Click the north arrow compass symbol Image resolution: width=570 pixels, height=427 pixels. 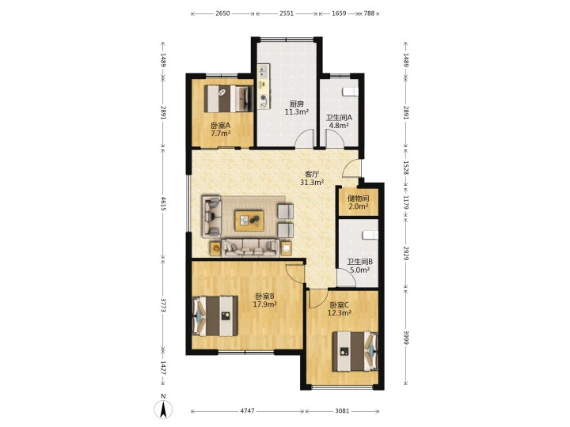click(x=163, y=410)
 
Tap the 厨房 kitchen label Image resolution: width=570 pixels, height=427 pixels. click(x=297, y=104)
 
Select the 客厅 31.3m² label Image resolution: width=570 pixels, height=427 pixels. click(x=312, y=178)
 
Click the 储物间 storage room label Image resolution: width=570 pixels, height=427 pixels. click(x=358, y=198)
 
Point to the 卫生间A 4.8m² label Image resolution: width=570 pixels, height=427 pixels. click(x=339, y=122)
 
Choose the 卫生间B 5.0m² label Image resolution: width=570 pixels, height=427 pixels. click(x=360, y=266)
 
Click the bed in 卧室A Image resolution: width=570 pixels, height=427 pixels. click(x=228, y=98)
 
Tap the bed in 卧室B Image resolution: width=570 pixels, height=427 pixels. click(x=215, y=316)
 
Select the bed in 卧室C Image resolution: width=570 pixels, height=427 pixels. click(x=355, y=351)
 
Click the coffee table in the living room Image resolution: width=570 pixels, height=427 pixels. click(x=249, y=221)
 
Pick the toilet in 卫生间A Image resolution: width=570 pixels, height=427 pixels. click(x=351, y=92)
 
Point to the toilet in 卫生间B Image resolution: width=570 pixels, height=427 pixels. click(x=370, y=235)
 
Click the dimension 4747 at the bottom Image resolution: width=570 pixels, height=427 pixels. click(x=247, y=411)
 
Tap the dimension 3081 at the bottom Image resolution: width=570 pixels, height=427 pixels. click(x=342, y=411)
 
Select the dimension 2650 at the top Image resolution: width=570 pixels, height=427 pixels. click(x=222, y=13)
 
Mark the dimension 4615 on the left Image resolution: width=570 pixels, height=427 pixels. click(x=164, y=204)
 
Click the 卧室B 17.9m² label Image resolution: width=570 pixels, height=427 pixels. click(x=265, y=300)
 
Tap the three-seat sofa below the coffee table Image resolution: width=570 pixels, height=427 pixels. click(x=251, y=248)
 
